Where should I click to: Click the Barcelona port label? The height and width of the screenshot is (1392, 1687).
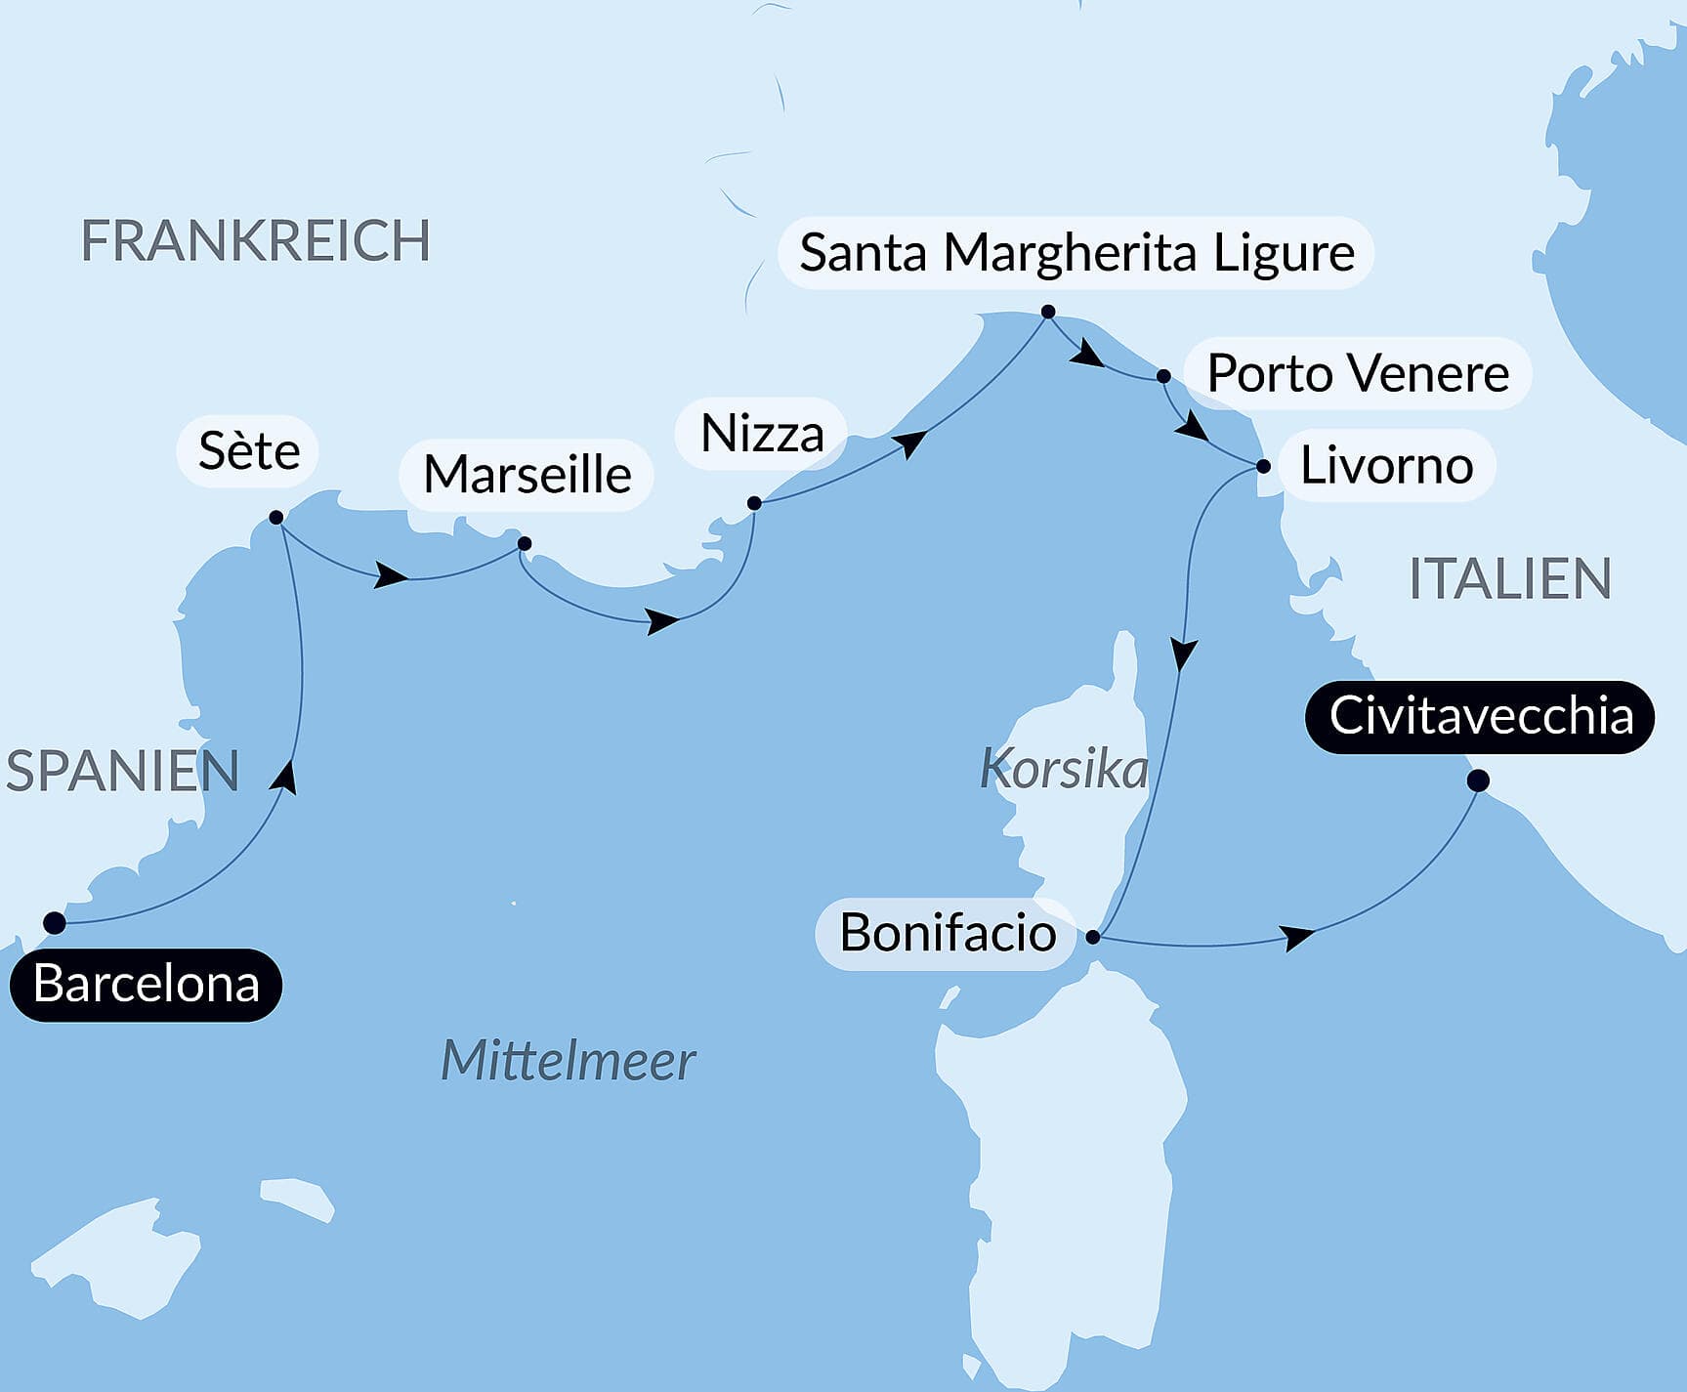[x=146, y=985]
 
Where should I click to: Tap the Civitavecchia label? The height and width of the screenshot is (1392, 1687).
[x=1479, y=717]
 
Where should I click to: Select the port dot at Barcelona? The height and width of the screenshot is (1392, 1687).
[x=55, y=923]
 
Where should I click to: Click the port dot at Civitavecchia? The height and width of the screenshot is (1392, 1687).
[x=1478, y=780]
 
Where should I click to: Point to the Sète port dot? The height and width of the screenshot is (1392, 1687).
[x=276, y=517]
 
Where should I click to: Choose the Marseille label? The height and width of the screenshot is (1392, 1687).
[x=527, y=475]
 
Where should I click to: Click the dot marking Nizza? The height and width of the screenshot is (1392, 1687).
[x=754, y=503]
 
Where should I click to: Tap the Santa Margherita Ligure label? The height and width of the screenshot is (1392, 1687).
[x=1076, y=253]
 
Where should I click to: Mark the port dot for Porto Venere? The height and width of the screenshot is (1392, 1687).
[x=1163, y=376]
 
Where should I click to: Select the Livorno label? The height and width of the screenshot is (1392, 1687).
[x=1385, y=466]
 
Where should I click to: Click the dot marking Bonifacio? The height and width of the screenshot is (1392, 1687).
[x=1093, y=937]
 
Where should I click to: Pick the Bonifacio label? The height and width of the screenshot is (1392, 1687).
[x=947, y=933]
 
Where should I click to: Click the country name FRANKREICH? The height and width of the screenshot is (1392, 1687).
[x=255, y=241]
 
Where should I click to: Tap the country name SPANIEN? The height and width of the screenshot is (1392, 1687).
[x=122, y=771]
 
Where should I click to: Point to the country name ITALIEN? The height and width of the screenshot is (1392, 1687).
[x=1509, y=578]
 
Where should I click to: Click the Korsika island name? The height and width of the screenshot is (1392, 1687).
[x=1064, y=769]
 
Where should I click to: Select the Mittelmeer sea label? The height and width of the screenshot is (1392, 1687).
[x=568, y=1061]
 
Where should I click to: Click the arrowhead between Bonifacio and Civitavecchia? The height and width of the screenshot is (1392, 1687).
[x=1297, y=938]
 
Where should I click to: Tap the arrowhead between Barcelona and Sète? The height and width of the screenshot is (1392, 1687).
[x=285, y=777]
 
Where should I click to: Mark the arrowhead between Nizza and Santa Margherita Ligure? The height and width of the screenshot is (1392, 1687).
[x=910, y=443]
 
